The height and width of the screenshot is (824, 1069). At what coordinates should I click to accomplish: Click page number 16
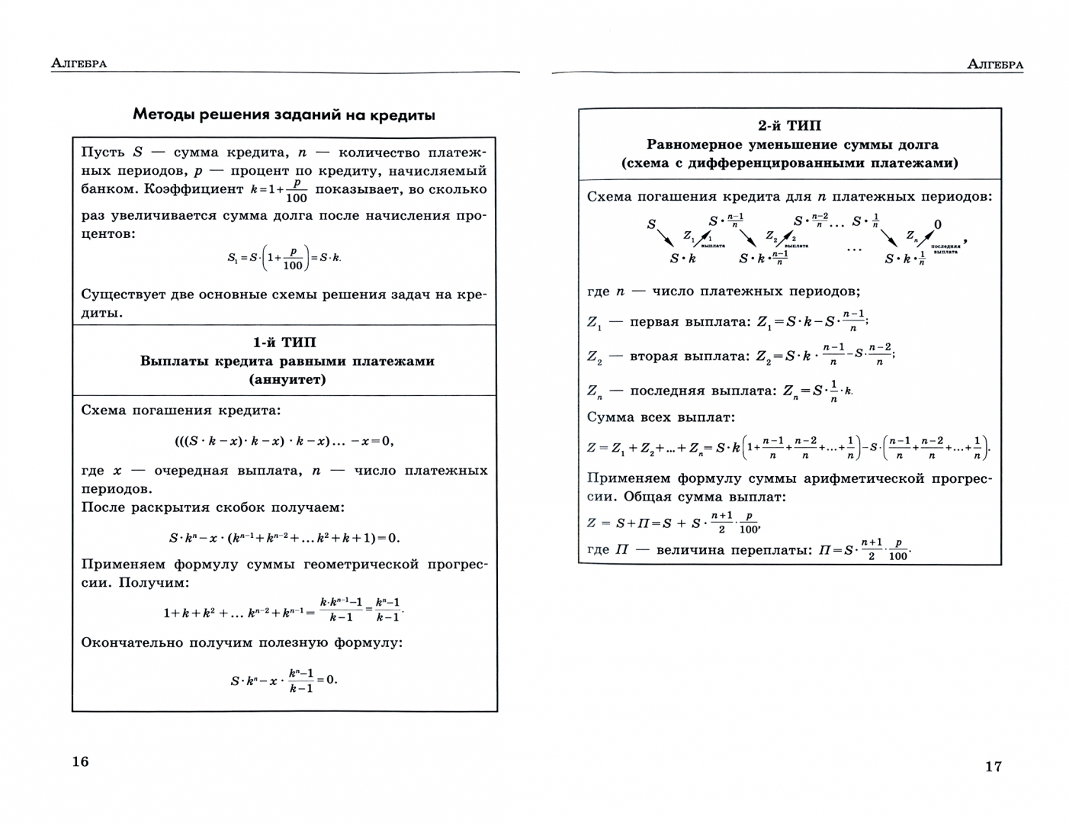click(x=80, y=761)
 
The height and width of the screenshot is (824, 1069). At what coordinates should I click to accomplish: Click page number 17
click(x=993, y=767)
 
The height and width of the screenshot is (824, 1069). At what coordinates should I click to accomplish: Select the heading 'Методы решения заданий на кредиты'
click(x=284, y=115)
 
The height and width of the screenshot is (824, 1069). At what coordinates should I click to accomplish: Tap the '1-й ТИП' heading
click(x=284, y=343)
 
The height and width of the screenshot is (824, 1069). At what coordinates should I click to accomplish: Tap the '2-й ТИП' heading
click(x=789, y=126)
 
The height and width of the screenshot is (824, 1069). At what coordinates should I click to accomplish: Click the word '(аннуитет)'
click(x=287, y=379)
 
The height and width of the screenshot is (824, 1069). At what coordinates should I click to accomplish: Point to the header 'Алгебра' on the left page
click(x=79, y=63)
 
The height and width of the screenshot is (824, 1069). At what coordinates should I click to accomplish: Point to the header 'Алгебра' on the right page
click(x=994, y=65)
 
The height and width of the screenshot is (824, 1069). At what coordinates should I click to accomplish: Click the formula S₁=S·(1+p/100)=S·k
click(x=284, y=258)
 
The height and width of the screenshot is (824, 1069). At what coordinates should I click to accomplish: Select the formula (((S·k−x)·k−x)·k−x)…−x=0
click(x=284, y=441)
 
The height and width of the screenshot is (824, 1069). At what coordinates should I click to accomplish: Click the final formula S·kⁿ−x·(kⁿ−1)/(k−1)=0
click(x=283, y=679)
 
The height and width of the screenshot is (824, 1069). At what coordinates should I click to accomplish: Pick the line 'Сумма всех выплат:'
click(x=660, y=417)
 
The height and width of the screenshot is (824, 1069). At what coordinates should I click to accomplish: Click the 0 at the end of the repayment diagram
click(x=937, y=224)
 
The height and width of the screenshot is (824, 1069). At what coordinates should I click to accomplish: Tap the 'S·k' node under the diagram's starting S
click(x=682, y=259)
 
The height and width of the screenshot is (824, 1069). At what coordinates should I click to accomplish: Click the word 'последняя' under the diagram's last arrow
click(x=945, y=246)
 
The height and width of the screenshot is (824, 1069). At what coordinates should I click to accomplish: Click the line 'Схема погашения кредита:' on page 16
click(x=181, y=410)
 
